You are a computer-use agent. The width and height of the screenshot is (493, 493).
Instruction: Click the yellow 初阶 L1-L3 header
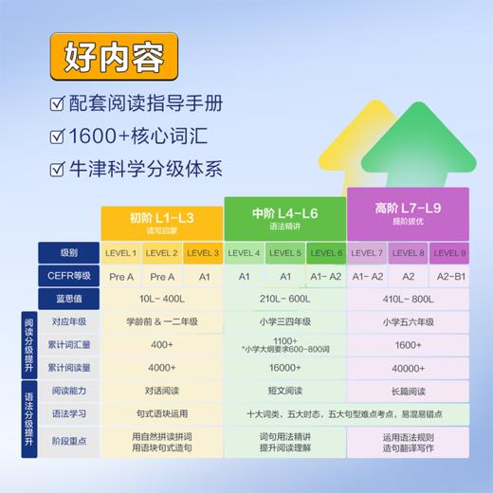(161, 221)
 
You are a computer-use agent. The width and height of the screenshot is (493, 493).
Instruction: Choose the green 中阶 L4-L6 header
(284, 218)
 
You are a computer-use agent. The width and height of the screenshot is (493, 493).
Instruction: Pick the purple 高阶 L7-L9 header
(409, 210)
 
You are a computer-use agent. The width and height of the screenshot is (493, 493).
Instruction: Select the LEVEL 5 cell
(285, 253)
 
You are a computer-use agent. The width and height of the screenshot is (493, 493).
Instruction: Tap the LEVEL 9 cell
(449, 253)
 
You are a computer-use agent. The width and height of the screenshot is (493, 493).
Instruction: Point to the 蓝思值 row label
(69, 299)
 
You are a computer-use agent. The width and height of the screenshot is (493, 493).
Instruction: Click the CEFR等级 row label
(69, 276)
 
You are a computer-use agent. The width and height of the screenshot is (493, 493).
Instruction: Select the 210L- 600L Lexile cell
(284, 299)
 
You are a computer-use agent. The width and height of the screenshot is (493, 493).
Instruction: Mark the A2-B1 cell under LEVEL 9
(449, 276)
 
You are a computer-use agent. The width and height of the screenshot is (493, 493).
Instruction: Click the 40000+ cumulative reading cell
(409, 368)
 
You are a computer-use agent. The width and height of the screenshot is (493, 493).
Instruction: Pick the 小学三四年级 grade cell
(284, 321)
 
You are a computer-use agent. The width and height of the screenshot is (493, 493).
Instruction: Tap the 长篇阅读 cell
(409, 391)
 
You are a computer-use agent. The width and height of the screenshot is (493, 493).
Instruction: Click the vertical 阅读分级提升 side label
(28, 345)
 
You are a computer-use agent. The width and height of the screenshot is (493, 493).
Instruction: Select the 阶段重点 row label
(69, 441)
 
